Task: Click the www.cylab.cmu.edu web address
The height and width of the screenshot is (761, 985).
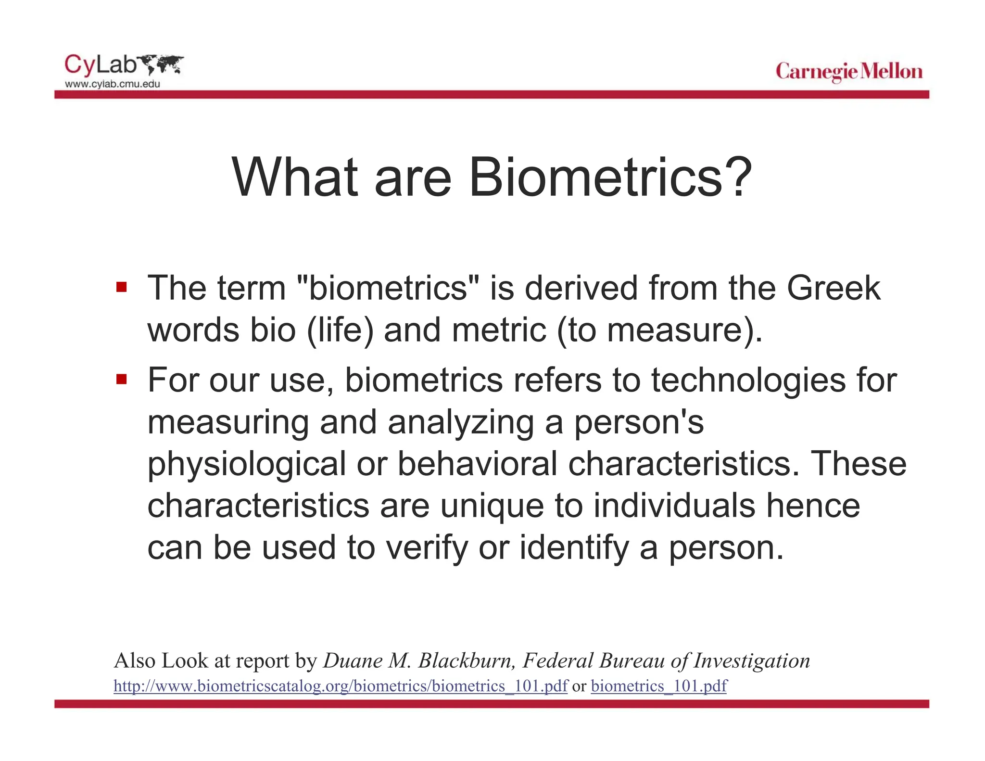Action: [113, 84]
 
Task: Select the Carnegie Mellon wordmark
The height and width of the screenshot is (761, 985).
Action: [849, 72]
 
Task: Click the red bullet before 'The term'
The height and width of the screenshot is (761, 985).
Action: [121, 288]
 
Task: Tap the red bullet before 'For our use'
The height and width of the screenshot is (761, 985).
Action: [121, 380]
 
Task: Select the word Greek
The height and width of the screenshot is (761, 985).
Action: [833, 288]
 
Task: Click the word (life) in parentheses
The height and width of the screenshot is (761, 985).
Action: [340, 330]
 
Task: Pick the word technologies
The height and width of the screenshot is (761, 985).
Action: [748, 380]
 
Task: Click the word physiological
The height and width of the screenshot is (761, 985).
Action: [246, 464]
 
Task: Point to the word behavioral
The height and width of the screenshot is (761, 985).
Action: [477, 464]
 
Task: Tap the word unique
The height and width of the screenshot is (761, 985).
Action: [492, 506]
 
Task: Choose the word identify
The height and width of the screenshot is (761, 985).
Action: [574, 548]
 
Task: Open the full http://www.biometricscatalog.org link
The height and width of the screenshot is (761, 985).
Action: [341, 686]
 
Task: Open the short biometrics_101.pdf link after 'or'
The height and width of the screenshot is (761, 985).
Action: [658, 686]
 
